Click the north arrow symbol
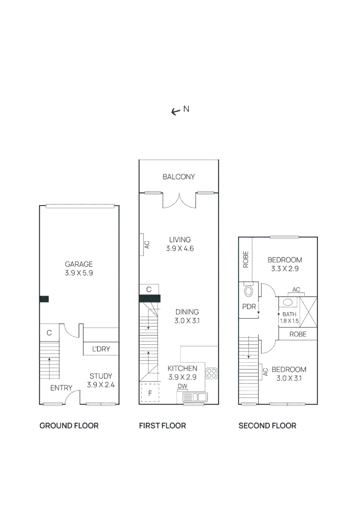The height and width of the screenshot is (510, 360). coord(176,111)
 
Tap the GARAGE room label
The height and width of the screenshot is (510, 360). coord(79,264)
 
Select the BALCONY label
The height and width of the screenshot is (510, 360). coord(178,177)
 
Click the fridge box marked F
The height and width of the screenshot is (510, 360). coord(150,393)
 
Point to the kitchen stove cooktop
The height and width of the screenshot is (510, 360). coord(211,374)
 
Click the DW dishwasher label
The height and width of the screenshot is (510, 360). coord(183,386)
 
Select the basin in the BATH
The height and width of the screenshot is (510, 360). coord(288,303)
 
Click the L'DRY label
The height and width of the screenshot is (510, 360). coord(100,349)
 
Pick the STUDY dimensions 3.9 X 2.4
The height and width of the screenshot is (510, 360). coord(101,385)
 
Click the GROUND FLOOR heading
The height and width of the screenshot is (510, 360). coord(69,425)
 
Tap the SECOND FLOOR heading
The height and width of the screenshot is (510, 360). coord(267,425)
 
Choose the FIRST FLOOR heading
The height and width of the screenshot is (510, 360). coord(162,425)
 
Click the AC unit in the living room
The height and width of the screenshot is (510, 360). coord(142,245)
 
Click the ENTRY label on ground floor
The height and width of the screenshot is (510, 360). coord(61,388)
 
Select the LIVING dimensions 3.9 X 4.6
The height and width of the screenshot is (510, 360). coord(180,248)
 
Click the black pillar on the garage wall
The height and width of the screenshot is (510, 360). coord(44,298)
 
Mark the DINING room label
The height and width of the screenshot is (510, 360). coord(187,312)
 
